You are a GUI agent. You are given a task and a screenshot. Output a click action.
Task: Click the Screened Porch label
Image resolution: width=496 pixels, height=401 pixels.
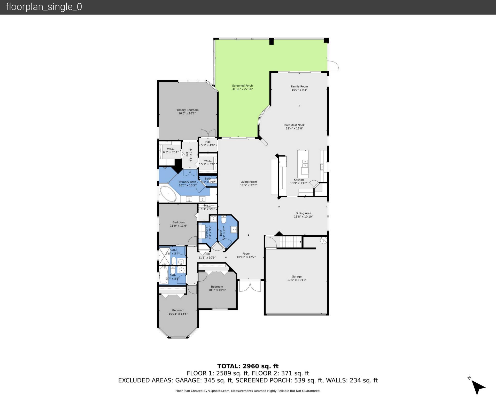click(242, 86)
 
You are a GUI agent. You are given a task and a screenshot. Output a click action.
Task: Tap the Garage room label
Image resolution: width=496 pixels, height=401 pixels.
click(297, 276)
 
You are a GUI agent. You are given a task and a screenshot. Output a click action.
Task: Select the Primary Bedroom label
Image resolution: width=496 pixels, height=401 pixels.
click(187, 110)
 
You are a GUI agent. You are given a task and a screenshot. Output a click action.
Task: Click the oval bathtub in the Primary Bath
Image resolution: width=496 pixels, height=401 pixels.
click(168, 194)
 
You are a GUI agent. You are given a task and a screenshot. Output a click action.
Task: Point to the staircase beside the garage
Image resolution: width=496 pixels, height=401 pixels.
click(291, 242)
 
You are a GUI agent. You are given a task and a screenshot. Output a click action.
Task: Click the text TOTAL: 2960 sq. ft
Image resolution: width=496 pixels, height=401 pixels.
click(248, 366)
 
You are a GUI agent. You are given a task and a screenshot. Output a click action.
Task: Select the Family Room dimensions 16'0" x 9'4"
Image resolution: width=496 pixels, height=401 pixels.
click(299, 90)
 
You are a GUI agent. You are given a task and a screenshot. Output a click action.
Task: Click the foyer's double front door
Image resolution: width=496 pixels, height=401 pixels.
click(250, 286)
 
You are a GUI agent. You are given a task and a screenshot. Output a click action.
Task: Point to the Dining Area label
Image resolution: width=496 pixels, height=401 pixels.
click(303, 213)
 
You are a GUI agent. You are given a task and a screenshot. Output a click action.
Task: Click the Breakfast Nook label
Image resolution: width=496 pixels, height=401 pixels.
click(295, 125)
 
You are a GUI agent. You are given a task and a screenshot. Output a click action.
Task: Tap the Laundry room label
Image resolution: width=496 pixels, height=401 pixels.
click(207, 232)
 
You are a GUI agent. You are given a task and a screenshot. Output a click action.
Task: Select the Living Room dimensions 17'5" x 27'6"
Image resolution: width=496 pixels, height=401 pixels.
click(249, 185)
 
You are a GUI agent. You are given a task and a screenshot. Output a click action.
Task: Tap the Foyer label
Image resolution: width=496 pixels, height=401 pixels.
click(246, 254)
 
